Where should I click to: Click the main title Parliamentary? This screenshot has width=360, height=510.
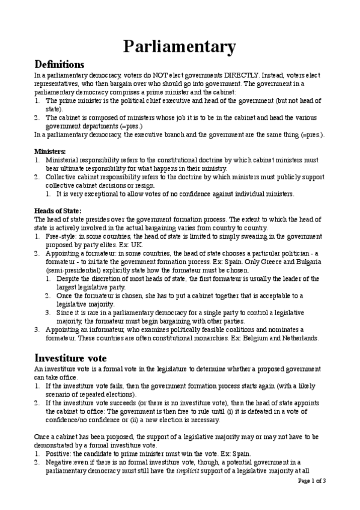[x=180, y=46]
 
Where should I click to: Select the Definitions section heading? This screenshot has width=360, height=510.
[x=59, y=64]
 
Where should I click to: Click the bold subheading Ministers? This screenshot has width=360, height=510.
[x=50, y=151]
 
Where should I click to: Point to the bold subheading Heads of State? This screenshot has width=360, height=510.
[x=58, y=210]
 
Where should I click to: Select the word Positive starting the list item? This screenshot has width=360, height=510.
[x=59, y=453]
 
